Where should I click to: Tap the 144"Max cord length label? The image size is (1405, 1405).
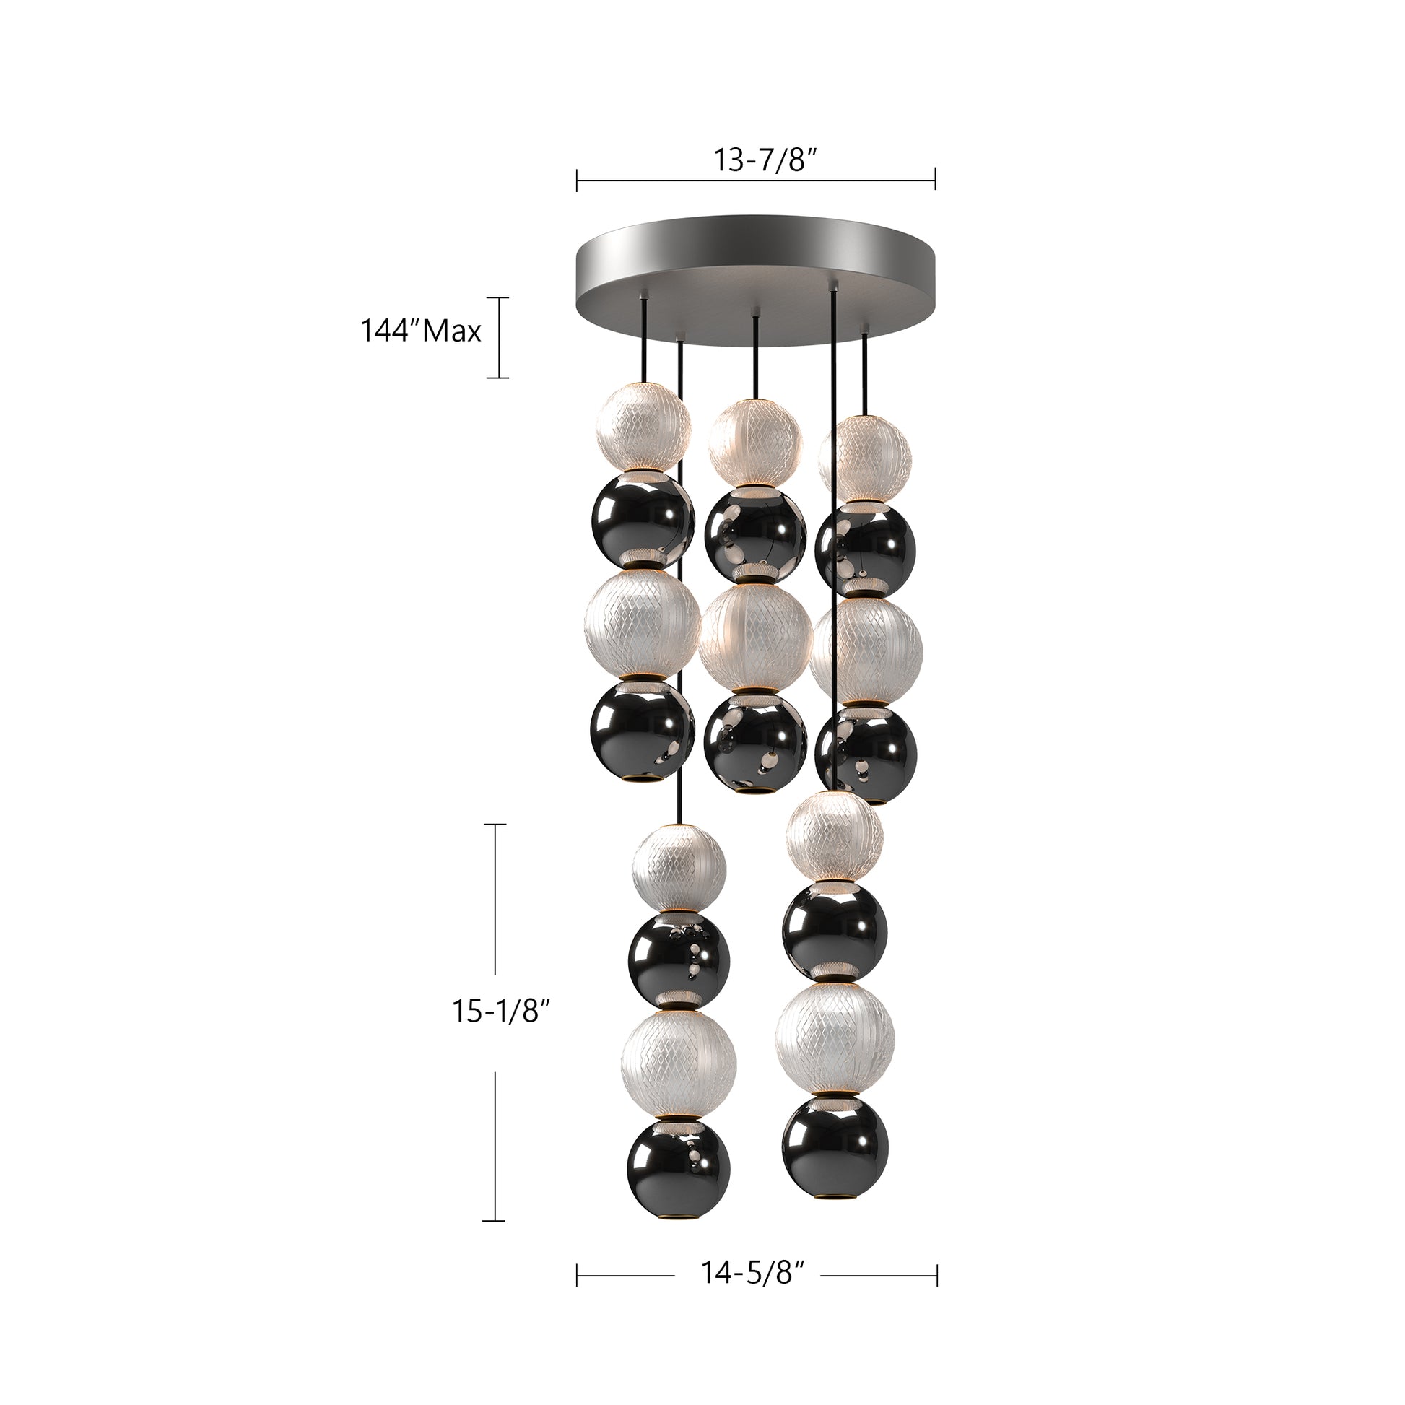click(421, 331)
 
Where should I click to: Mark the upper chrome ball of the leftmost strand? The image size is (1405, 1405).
click(640, 522)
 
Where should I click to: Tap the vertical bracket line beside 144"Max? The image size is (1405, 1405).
click(497, 337)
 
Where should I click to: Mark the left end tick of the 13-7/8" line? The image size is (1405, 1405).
click(577, 180)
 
